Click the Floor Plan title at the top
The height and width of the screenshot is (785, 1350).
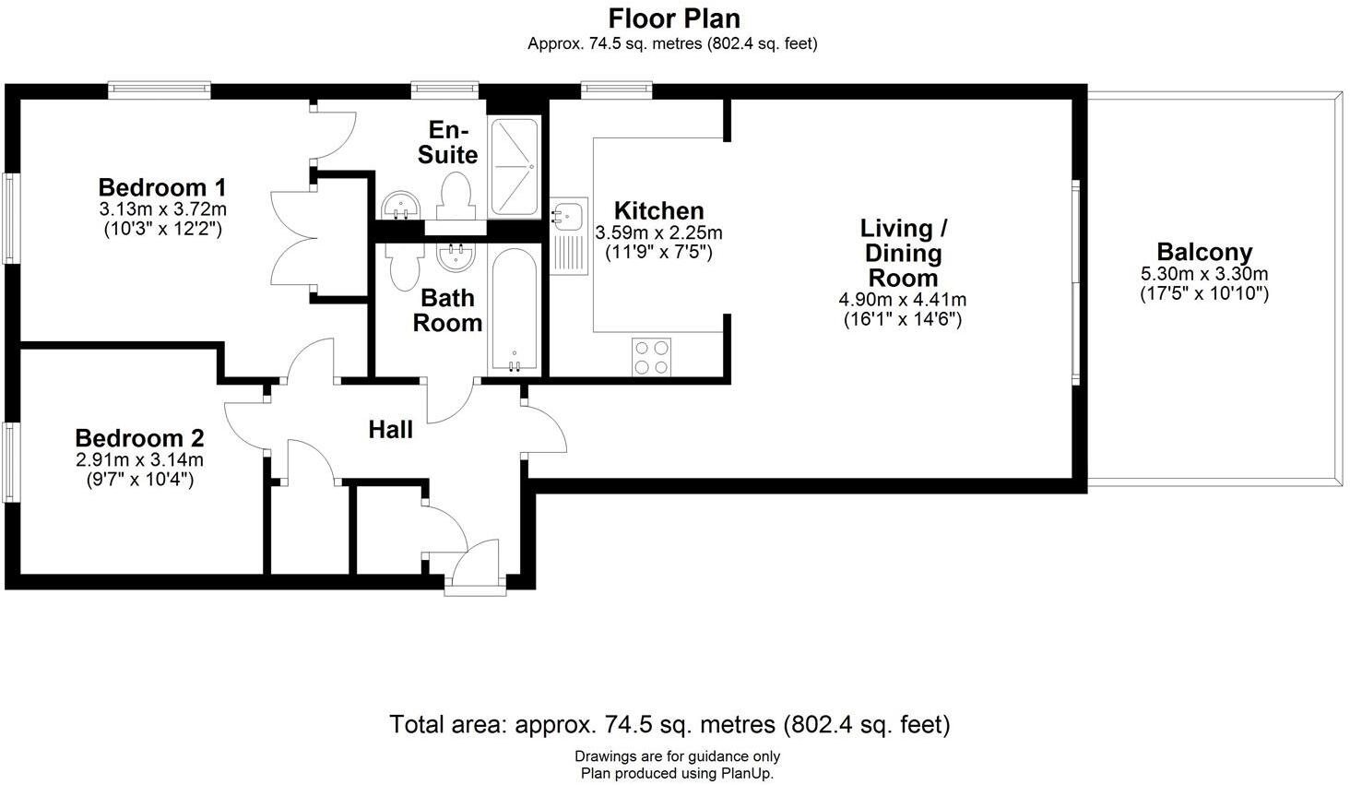click(673, 18)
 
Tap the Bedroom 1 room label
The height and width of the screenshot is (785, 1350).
click(162, 186)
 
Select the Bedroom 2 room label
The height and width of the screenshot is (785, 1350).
click(139, 438)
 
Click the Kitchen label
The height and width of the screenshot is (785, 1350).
click(658, 210)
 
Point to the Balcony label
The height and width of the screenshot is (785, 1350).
click(1204, 252)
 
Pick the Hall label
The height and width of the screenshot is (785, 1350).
click(390, 429)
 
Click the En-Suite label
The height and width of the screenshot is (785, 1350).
click(448, 142)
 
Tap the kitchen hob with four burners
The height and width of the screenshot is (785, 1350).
click(651, 357)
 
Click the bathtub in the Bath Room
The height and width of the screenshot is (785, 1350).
click(514, 311)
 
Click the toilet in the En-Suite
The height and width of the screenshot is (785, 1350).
click(455, 196)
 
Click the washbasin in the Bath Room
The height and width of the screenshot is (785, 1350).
click(456, 259)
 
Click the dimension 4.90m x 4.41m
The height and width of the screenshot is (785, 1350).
click(902, 300)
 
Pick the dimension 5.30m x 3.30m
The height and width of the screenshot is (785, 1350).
click(1204, 274)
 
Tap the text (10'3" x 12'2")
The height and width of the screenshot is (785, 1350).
click(162, 229)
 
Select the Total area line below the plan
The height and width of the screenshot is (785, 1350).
click(669, 725)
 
